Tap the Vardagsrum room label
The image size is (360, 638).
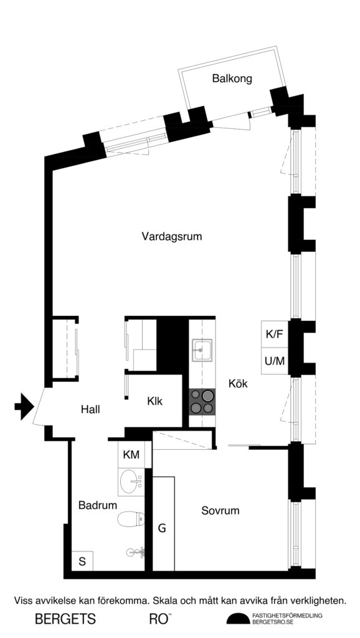click(172, 237)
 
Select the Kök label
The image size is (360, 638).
click(238, 384)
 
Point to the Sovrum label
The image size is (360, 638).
click(220, 511)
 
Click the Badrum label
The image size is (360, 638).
click(98, 506)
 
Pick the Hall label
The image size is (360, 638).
click(90, 409)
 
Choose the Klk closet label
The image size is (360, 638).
click(154, 401)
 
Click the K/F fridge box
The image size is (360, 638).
click(275, 335)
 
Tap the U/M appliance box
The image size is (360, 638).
click(275, 361)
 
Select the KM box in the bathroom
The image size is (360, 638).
click(131, 455)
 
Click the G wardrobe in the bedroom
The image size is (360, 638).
click(162, 528)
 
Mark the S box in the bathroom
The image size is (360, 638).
click(82, 561)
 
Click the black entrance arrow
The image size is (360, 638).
click(24, 407)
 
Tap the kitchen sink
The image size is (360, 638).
click(202, 350)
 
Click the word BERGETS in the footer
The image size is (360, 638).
click(65, 619)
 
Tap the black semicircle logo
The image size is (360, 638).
click(237, 619)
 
